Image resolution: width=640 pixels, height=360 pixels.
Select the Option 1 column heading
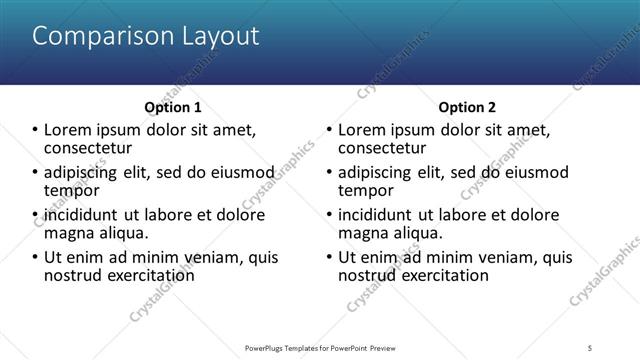tap(173, 107)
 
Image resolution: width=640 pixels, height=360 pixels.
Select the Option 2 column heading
tap(466, 107)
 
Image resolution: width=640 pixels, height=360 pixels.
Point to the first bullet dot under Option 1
tap(35, 130)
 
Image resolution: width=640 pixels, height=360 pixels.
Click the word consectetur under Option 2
tap(382, 148)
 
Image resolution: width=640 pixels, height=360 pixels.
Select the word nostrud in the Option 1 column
tap(71, 275)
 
